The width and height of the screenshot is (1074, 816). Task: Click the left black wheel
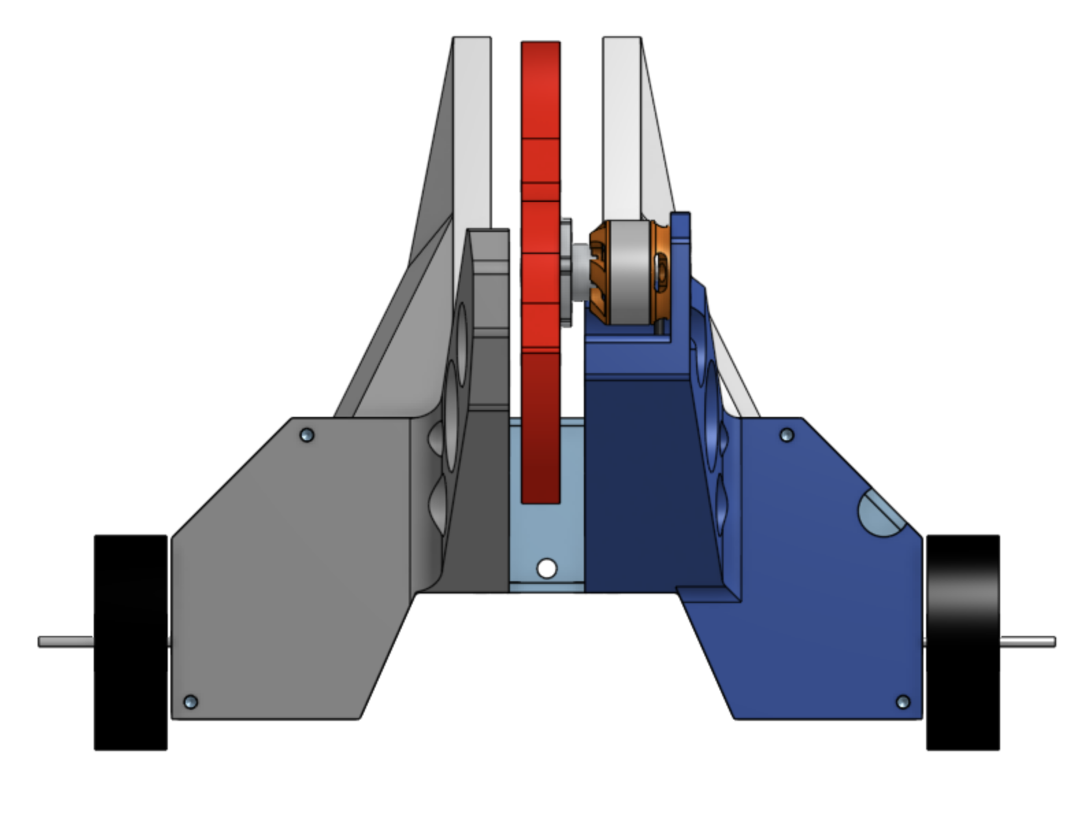tap(130, 642)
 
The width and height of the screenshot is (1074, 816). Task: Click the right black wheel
tap(962, 642)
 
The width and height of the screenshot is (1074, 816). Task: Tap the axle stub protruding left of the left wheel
tap(65, 641)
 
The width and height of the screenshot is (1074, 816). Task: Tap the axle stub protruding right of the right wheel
tap(1028, 641)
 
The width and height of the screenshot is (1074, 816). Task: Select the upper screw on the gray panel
tap(307, 435)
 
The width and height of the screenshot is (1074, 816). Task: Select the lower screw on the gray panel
tap(191, 702)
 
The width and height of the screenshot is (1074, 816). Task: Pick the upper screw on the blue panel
tap(787, 435)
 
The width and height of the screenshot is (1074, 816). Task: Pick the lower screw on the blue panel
tap(903, 702)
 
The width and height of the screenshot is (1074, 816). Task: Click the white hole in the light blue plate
tap(546, 568)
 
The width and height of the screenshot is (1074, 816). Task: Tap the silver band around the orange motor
tap(628, 270)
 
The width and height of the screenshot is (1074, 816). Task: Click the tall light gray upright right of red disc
tap(621, 123)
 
